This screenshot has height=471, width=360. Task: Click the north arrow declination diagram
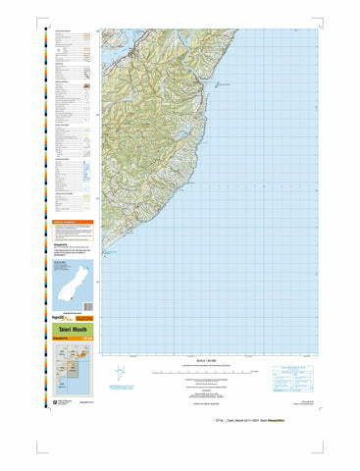click(x=121, y=374)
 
